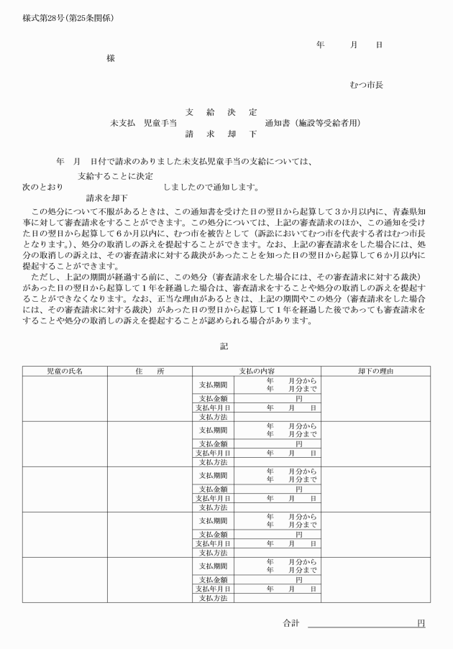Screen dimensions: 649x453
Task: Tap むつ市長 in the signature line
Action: [x=366, y=85]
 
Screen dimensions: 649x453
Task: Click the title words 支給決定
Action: [x=221, y=112]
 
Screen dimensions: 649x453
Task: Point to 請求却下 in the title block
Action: [x=221, y=134]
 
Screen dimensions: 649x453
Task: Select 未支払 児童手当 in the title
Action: [x=144, y=123]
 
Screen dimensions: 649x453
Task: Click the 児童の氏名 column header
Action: [x=65, y=371]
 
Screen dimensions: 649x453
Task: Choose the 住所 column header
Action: [x=150, y=371]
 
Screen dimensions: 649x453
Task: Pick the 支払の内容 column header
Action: [x=256, y=371]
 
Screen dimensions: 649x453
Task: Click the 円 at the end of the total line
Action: [x=421, y=623]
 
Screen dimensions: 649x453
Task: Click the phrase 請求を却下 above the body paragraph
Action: [x=107, y=198]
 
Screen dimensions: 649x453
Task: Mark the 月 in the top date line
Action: [x=354, y=45]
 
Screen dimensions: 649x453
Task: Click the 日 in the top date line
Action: [x=379, y=45]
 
